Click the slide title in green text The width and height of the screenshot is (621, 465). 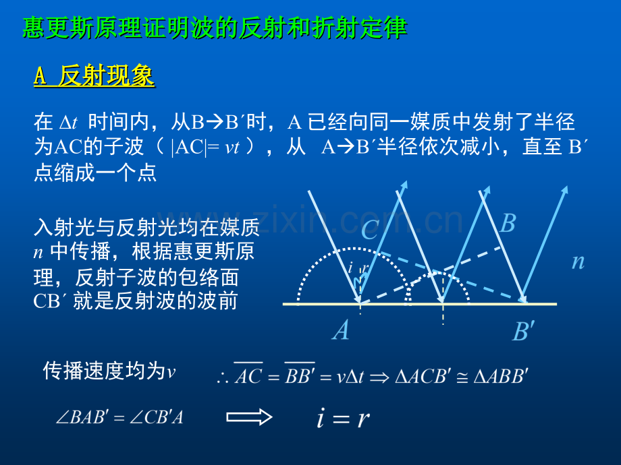coord(214,28)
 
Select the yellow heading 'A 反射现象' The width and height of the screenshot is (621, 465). coord(94,75)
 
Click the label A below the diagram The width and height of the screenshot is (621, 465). coord(341,330)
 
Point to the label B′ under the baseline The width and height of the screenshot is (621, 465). coord(524,331)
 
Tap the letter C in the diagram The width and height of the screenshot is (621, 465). coord(370,229)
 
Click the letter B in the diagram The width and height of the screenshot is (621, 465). coord(508,223)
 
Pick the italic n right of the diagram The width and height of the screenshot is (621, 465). coord(578,261)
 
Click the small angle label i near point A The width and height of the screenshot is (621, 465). coord(350,268)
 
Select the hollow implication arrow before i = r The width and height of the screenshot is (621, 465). coord(249,416)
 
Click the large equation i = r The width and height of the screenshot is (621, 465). coord(343,418)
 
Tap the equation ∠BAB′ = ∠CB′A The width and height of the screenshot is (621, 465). coord(119,417)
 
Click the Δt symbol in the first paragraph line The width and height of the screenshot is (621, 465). coord(68,123)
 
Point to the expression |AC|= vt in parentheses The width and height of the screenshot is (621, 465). coord(206,148)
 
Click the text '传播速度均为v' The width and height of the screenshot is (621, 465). coord(109,371)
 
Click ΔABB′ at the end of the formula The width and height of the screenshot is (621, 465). coord(501,375)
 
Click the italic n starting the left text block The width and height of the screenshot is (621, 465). coord(38,252)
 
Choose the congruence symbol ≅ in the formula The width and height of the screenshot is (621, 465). coord(462,377)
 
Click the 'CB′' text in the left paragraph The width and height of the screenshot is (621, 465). coord(47,301)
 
